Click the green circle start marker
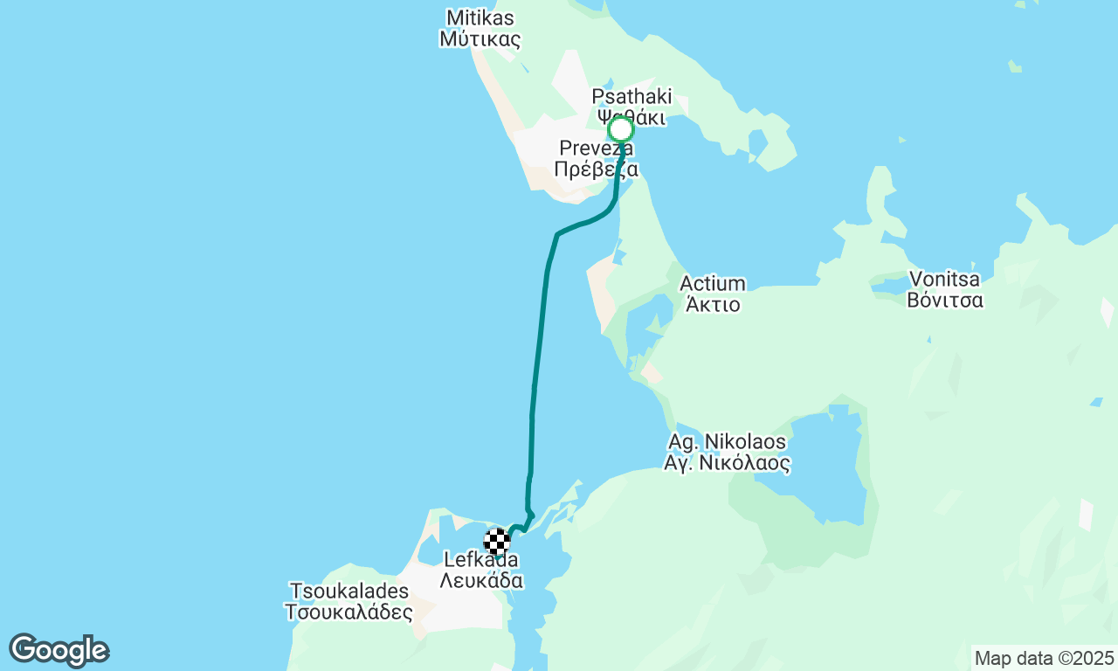(620, 130)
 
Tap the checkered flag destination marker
(497, 542)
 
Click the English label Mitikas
(480, 17)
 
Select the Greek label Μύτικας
(480, 39)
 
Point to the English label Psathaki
(631, 96)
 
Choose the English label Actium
(713, 283)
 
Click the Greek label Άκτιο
(713, 305)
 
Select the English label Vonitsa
(944, 280)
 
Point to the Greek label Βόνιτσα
(944, 301)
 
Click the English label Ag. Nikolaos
(727, 441)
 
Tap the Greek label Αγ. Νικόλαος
(727, 463)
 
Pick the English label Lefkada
(481, 560)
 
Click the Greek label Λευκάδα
(481, 581)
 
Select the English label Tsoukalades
(348, 590)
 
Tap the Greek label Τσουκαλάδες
(348, 612)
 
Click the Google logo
(59, 650)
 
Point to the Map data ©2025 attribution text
(1044, 658)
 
